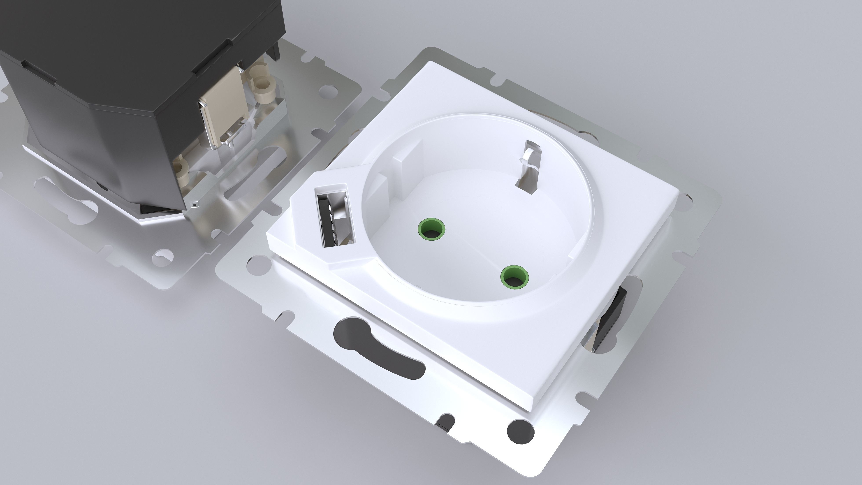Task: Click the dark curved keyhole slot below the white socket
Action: point(378,348)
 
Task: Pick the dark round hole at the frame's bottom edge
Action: point(520,432)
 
